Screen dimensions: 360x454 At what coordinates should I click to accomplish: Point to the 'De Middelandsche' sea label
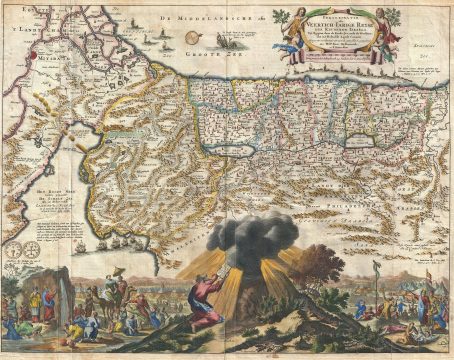113,19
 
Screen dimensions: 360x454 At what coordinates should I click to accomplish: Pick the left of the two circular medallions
19,249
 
